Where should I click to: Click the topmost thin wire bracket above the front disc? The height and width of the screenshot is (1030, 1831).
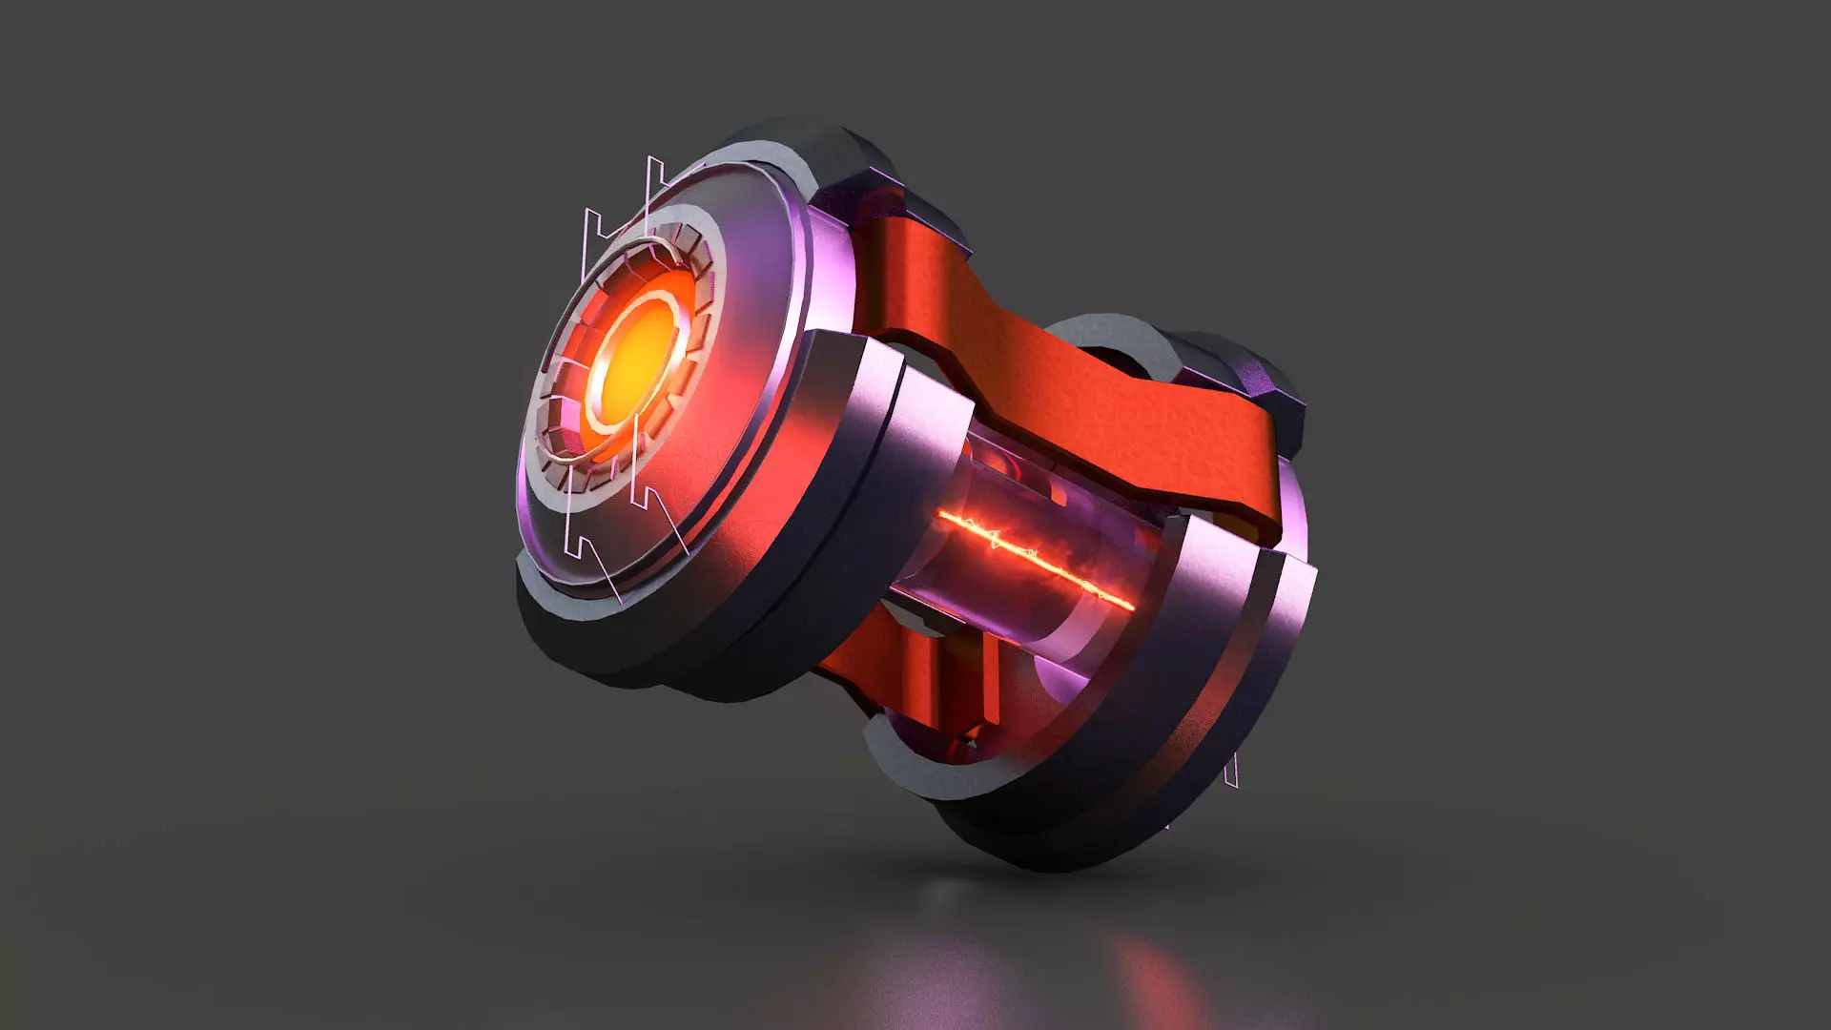click(655, 181)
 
